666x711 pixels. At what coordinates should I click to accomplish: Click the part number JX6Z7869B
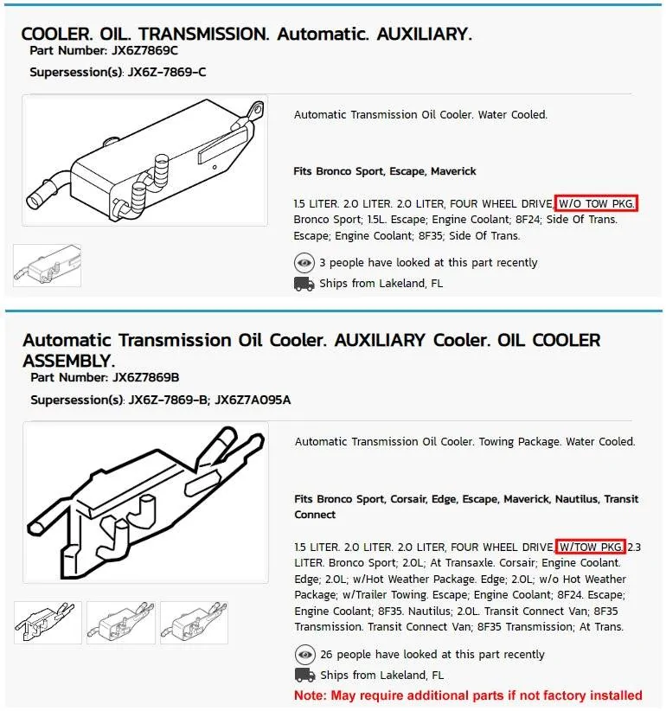[x=146, y=378]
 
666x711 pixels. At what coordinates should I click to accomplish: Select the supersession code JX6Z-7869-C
[x=167, y=72]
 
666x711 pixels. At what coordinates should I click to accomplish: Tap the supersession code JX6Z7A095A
[x=253, y=400]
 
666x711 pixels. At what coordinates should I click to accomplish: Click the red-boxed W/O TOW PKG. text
[x=596, y=203]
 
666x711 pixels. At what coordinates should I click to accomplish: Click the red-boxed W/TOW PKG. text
[x=590, y=547]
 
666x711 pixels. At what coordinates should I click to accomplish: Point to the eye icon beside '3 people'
[x=304, y=263]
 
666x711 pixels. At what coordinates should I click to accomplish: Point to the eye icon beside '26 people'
[x=304, y=655]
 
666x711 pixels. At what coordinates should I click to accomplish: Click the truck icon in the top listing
[x=304, y=284]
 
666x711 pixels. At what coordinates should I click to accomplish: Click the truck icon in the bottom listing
[x=304, y=675]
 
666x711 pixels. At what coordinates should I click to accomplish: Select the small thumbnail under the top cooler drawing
[x=48, y=266]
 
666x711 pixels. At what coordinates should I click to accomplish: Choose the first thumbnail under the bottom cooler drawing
[x=48, y=623]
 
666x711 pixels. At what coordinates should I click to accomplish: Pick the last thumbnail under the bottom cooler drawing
[x=195, y=623]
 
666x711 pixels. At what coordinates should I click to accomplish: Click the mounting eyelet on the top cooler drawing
[x=253, y=110]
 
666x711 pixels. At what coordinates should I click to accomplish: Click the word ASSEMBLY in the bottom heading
[x=68, y=360]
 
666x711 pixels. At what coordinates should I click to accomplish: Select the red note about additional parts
[x=468, y=695]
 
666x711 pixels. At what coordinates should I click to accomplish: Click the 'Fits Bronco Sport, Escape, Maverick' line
[x=385, y=171]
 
